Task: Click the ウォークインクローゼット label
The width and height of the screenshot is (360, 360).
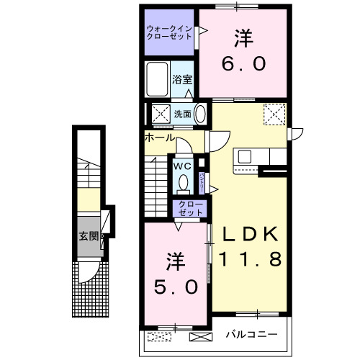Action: click(168, 32)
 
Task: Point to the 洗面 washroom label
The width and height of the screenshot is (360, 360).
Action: click(183, 114)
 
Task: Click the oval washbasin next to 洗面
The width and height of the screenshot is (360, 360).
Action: click(200, 114)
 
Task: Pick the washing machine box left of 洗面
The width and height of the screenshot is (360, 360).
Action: click(158, 114)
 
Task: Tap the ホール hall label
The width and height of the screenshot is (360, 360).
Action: click(159, 137)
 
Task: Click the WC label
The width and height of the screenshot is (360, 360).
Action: click(181, 165)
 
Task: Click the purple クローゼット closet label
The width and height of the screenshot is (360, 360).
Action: click(191, 209)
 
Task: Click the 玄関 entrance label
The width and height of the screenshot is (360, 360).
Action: click(89, 235)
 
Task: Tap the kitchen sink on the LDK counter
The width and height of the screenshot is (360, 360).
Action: click(244, 156)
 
